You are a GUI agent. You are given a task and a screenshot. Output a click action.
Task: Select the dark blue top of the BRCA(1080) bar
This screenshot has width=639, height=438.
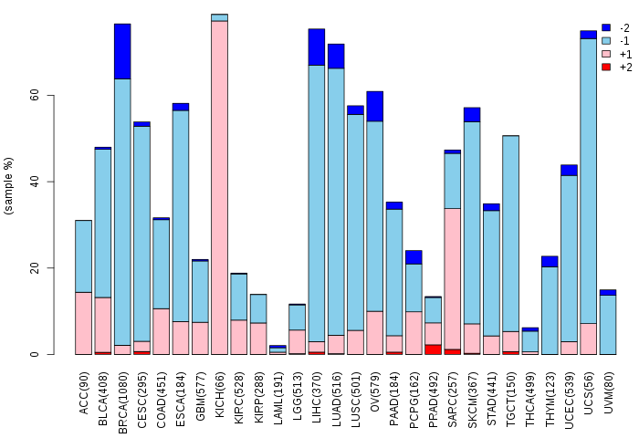(x=122, y=51)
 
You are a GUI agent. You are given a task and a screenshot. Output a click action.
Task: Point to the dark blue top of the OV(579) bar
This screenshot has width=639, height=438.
(x=375, y=106)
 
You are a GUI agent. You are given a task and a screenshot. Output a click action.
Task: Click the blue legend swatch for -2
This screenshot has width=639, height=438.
(x=606, y=28)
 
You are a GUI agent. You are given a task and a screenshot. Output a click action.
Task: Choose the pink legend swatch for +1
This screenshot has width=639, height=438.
(x=606, y=54)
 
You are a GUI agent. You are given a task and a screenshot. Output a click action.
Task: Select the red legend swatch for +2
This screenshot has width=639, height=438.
(x=606, y=67)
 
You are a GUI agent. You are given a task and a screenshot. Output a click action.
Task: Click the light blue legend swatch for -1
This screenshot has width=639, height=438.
(x=606, y=41)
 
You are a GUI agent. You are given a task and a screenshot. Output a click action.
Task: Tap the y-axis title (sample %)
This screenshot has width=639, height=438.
(x=9, y=186)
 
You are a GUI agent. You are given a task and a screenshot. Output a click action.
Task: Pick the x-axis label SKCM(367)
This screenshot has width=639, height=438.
(x=472, y=392)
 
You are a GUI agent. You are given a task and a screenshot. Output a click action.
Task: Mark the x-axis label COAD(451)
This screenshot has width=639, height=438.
(x=162, y=392)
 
